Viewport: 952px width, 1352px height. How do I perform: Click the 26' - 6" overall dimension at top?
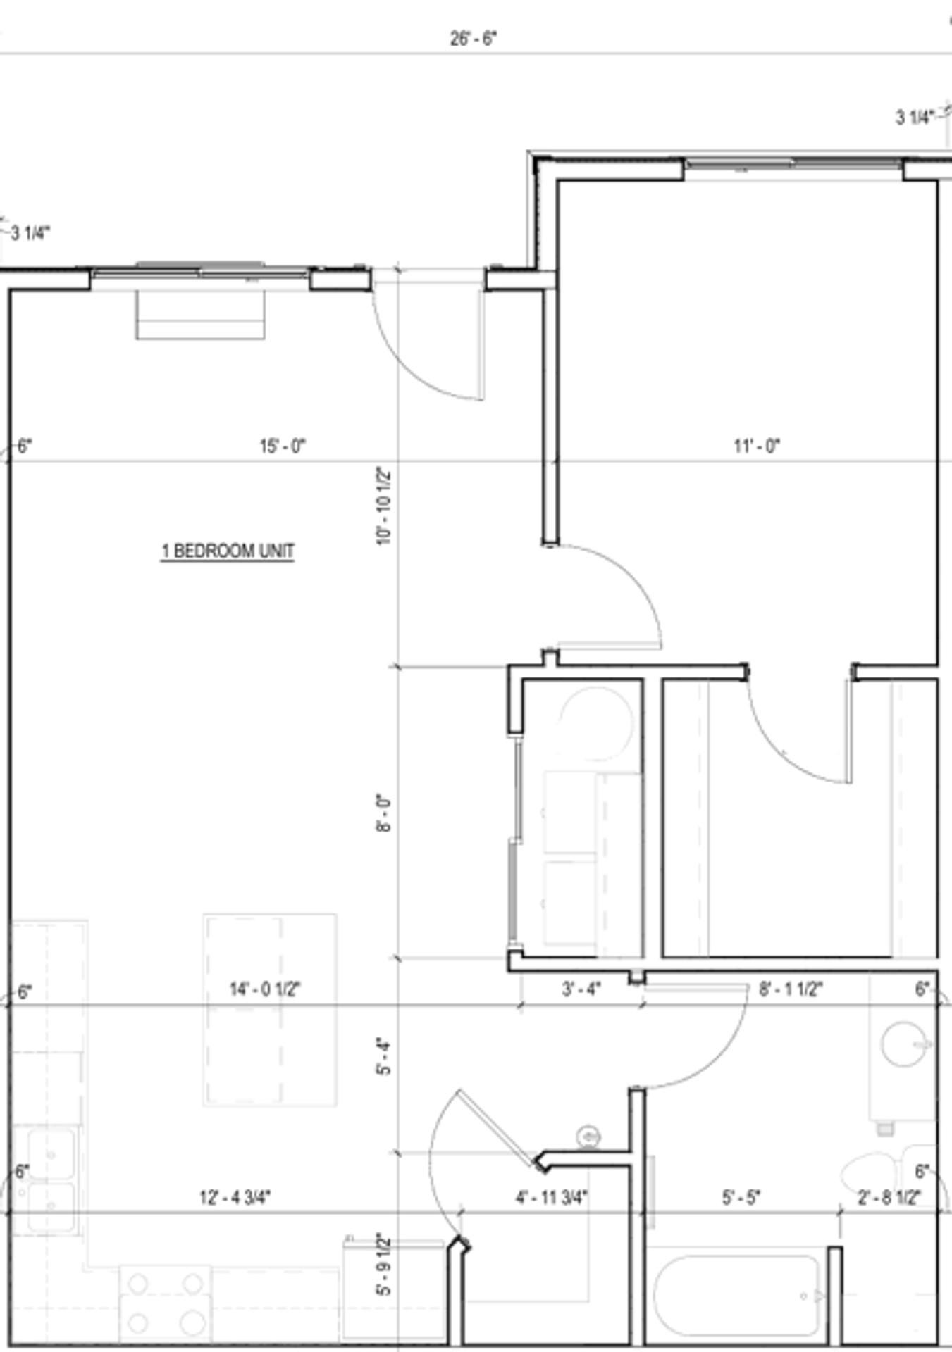pyautogui.click(x=473, y=39)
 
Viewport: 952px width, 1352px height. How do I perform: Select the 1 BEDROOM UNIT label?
pyautogui.click(x=228, y=551)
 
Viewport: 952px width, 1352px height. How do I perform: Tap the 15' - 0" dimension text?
pyautogui.click(x=283, y=446)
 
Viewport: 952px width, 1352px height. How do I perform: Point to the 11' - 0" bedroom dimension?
pyautogui.click(x=757, y=446)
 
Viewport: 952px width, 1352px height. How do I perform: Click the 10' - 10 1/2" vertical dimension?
pyautogui.click(x=384, y=505)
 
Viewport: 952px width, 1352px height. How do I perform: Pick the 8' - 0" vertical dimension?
pyautogui.click(x=384, y=813)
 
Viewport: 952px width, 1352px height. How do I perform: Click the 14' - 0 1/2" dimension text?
pyautogui.click(x=265, y=989)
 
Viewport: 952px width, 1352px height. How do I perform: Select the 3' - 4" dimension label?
pyautogui.click(x=581, y=989)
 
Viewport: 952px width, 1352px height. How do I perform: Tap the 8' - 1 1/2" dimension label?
pyautogui.click(x=791, y=989)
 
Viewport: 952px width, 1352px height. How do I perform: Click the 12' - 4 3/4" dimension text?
pyautogui.click(x=235, y=1197)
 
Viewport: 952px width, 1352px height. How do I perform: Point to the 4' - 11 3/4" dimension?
pyautogui.click(x=552, y=1197)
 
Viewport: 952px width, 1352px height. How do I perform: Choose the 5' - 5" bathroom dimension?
pyautogui.click(x=741, y=1197)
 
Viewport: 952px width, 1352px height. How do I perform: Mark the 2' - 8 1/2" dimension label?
pyautogui.click(x=889, y=1197)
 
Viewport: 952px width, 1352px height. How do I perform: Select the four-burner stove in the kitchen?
pyautogui.click(x=165, y=1303)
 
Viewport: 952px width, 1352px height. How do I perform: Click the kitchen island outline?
pyautogui.click(x=270, y=1010)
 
